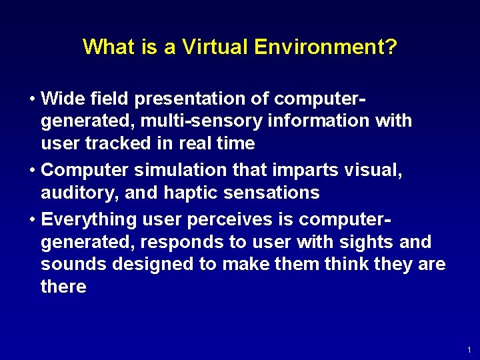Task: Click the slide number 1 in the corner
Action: (x=469, y=349)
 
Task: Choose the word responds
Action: (x=176, y=242)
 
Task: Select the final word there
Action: (x=63, y=287)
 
